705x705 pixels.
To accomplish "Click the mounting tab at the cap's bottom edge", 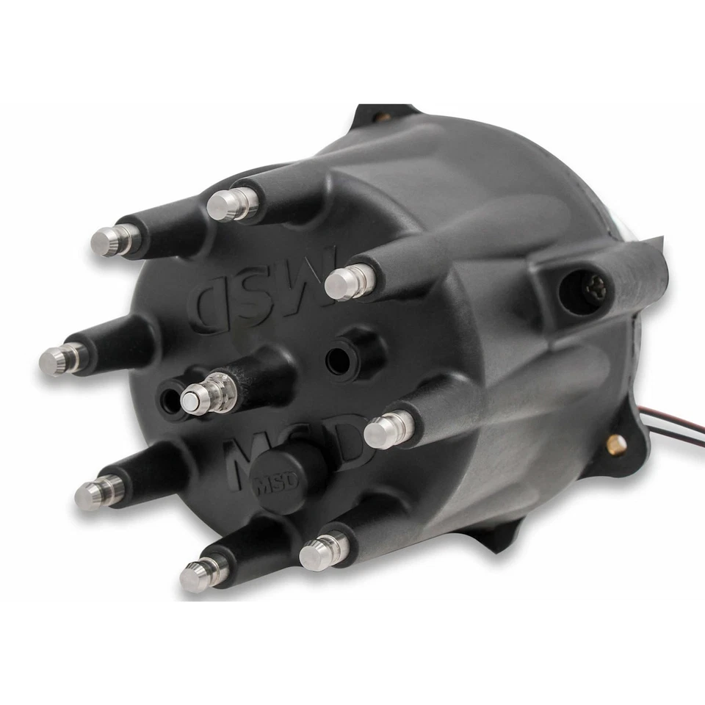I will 499,540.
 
